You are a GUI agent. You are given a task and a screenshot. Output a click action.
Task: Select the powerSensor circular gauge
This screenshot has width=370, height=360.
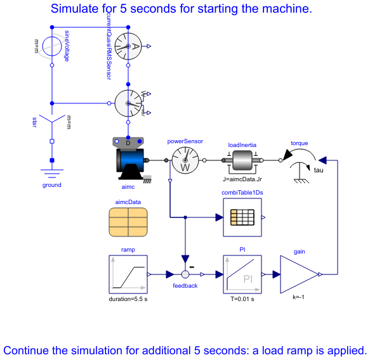tap(185, 161)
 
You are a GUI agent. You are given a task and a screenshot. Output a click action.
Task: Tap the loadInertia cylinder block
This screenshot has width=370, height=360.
tap(242, 161)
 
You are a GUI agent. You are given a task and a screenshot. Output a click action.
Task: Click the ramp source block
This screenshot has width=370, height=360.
tap(128, 274)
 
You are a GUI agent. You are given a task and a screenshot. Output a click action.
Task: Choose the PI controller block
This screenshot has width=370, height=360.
tap(242, 274)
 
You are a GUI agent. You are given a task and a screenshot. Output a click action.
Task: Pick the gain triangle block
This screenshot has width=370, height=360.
tap(299, 274)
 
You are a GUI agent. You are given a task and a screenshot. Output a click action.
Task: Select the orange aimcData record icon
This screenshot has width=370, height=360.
tap(128, 222)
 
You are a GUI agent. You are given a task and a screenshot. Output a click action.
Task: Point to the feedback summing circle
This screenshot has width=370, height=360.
tap(185, 274)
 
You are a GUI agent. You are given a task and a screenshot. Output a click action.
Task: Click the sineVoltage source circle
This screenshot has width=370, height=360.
tap(52, 46)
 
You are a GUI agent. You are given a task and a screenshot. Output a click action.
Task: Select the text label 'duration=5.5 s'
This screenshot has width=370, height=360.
tap(128, 298)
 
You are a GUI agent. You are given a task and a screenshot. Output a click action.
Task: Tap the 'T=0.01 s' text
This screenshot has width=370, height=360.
tap(242, 298)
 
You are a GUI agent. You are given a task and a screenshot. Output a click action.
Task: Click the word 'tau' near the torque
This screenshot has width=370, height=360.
tap(319, 170)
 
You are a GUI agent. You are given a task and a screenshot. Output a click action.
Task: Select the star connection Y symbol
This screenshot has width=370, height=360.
tap(52, 120)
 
